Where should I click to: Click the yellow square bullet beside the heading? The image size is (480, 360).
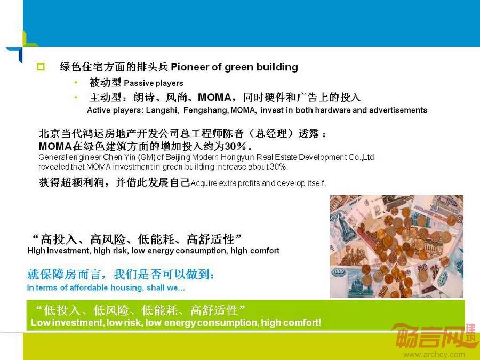pos(41,67)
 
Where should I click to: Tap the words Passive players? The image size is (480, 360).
pos(154,83)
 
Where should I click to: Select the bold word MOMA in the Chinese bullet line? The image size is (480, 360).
pos(214,98)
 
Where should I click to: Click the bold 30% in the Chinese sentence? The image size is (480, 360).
pos(236,146)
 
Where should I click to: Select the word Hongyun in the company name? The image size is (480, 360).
pos(238,157)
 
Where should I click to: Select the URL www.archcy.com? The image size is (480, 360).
pos(434,355)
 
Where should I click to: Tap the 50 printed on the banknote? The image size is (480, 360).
pos(422,268)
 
